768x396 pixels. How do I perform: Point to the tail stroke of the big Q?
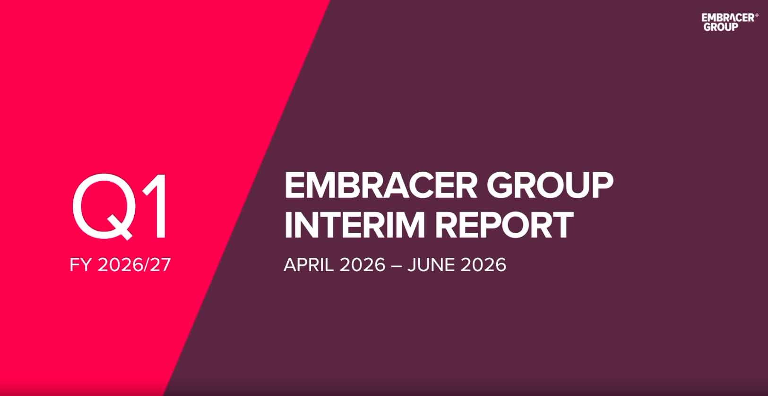pos(120,228)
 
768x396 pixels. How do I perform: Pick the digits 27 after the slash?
pos(161,265)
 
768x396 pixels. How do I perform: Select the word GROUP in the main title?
pos(550,185)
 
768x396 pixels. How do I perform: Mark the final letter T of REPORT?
pos(561,225)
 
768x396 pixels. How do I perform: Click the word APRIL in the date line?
pos(309,265)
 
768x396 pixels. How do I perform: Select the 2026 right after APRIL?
pos(363,265)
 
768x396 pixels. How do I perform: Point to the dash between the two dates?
pos(397,265)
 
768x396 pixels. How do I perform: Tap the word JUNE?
pos(431,265)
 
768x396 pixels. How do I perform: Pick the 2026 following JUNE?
pos(483,265)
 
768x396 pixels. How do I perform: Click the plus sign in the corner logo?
pos(757,16)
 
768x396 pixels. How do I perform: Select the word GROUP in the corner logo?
pos(721,27)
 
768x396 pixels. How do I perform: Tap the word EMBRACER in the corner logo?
pos(727,18)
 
